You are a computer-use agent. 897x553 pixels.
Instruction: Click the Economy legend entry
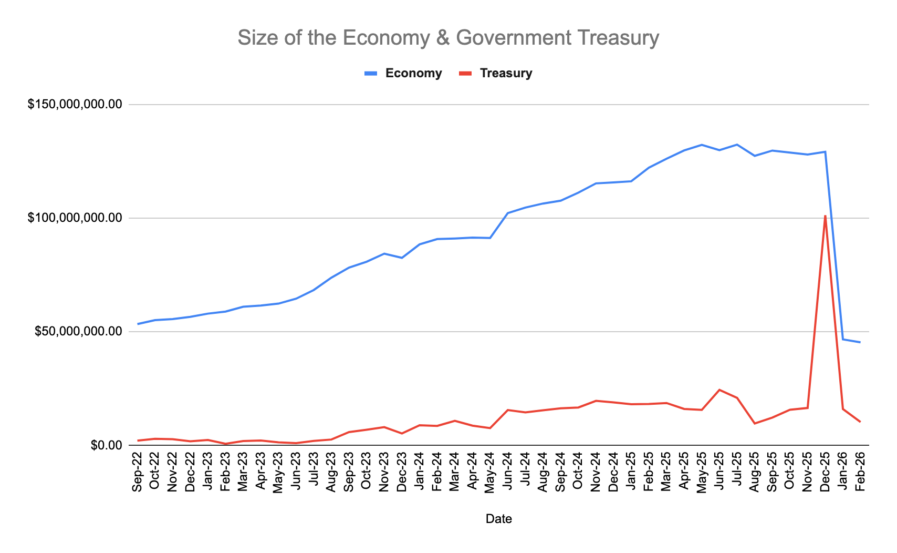[x=413, y=73]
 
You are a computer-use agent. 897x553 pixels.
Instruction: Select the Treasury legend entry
[x=506, y=73]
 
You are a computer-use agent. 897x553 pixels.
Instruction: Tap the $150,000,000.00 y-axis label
[x=75, y=105]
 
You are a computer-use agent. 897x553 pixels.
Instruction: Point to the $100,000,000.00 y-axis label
[x=75, y=218]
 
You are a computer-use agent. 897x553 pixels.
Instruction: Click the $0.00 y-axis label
[x=106, y=445]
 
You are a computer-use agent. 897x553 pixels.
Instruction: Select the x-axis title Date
[x=498, y=519]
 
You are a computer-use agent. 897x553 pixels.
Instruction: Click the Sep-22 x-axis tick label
[x=137, y=472]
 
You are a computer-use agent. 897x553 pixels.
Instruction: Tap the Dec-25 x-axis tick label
[x=825, y=472]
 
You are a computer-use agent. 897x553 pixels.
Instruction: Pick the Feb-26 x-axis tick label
[x=860, y=472]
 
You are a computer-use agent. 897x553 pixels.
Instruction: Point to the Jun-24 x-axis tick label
[x=507, y=472]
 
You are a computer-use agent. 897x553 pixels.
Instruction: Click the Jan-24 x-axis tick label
[x=419, y=472]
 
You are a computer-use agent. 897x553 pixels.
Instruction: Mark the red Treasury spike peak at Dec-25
[x=825, y=216]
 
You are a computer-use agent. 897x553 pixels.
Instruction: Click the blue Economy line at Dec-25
[x=825, y=152]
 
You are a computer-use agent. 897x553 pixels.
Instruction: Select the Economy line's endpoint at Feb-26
[x=860, y=342]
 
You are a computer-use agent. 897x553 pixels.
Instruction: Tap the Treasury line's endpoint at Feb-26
[x=860, y=422]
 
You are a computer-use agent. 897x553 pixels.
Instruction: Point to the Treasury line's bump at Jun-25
[x=719, y=390]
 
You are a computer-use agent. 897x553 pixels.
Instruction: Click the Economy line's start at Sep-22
[x=138, y=324]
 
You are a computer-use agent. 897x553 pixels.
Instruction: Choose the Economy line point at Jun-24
[x=507, y=213]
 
